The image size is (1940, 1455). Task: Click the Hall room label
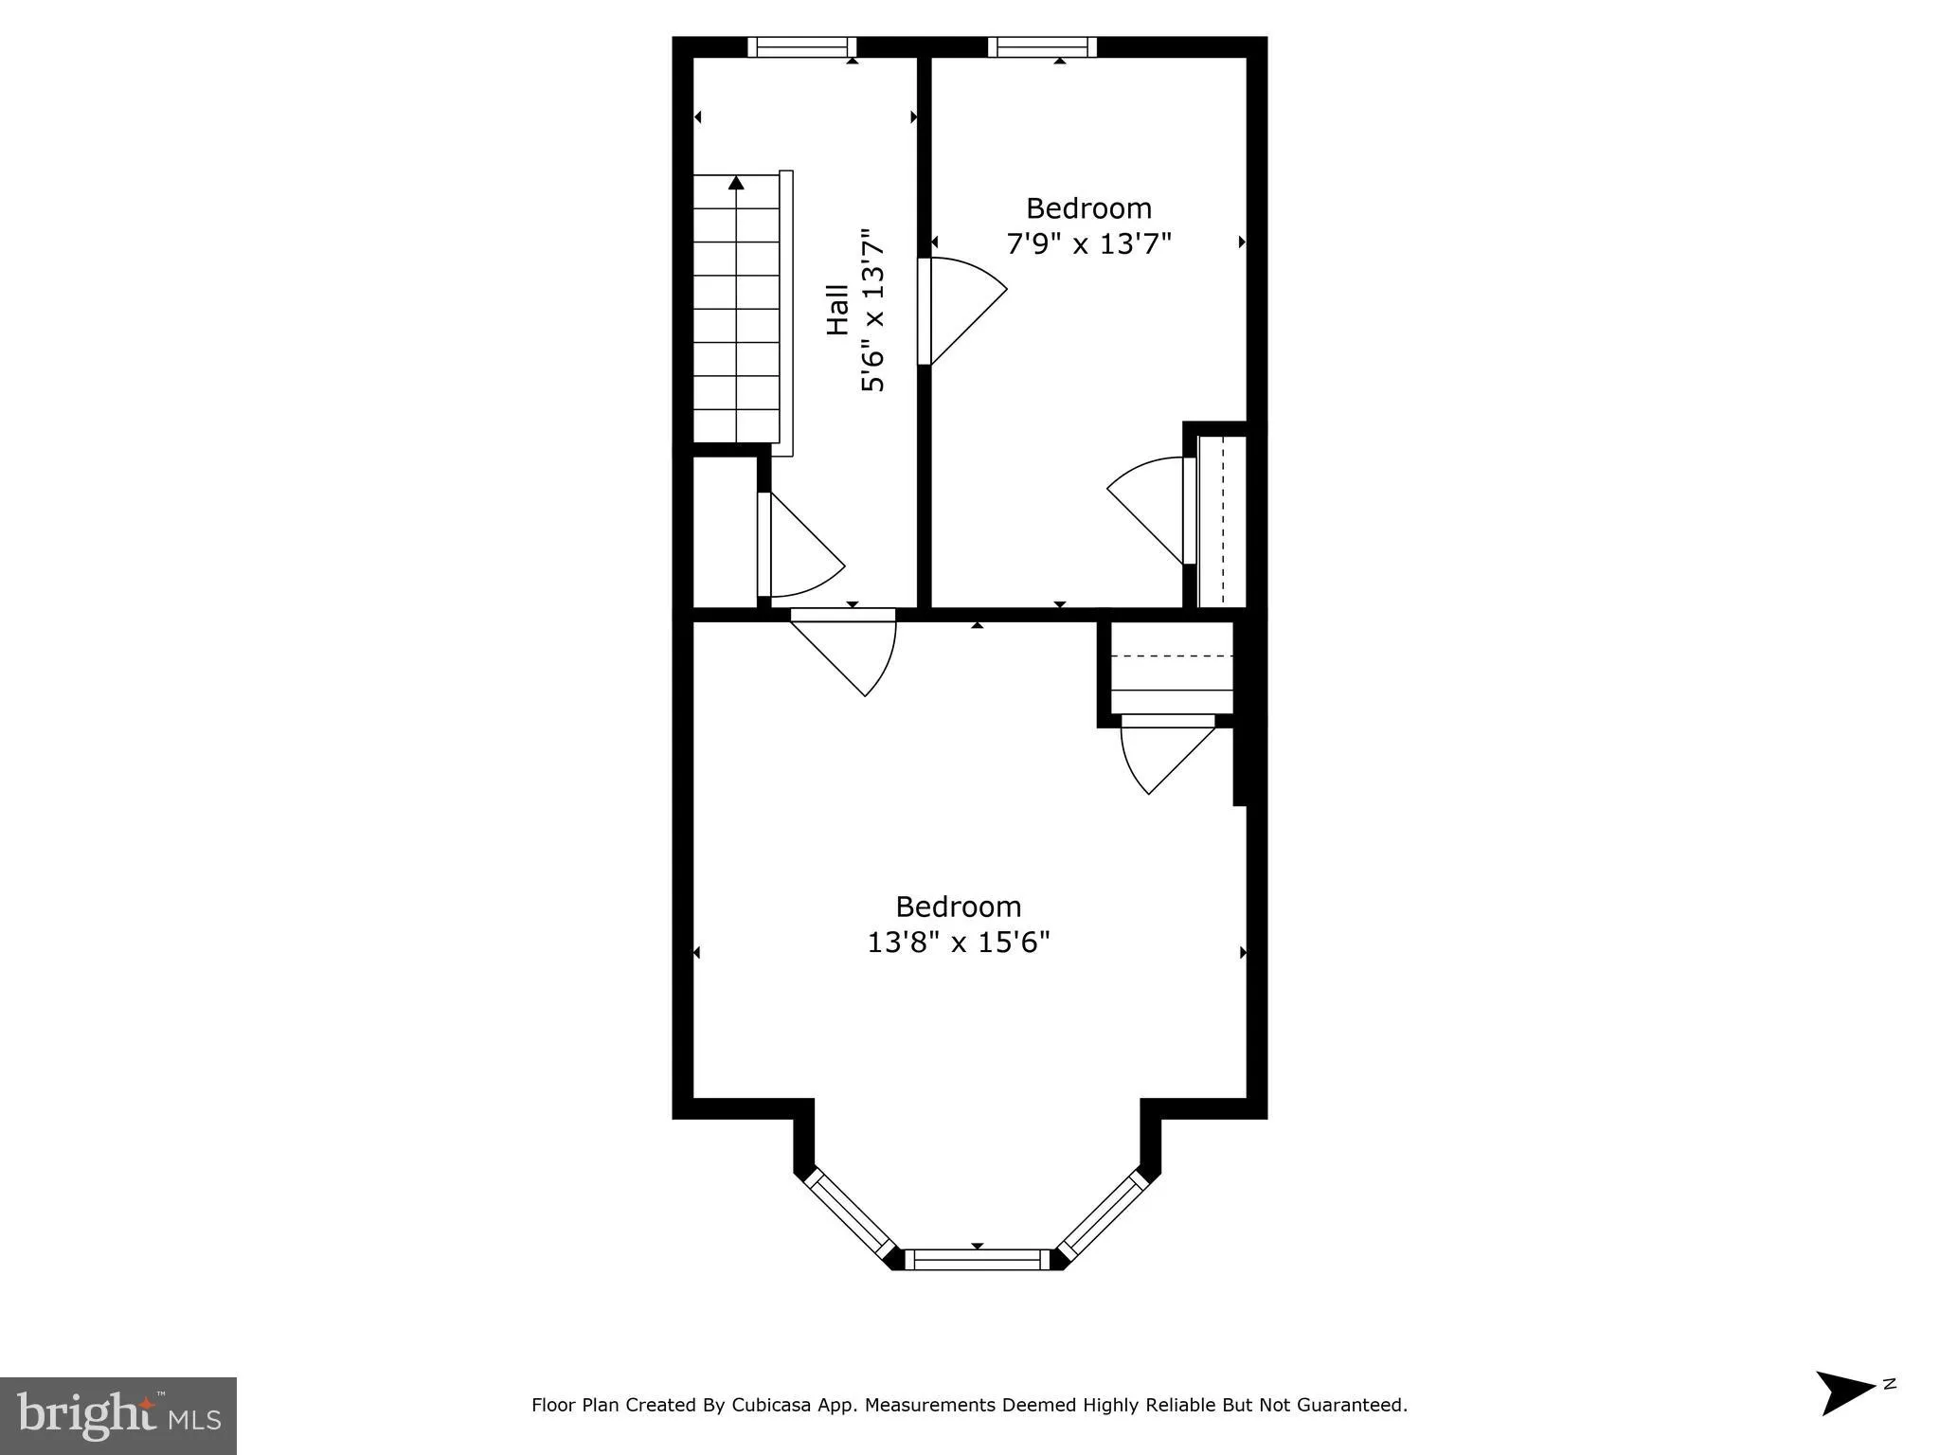tap(837, 310)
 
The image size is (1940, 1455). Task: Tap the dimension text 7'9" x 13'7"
tap(1088, 243)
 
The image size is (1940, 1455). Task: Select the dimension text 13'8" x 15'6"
tap(959, 943)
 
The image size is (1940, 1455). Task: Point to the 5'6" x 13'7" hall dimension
tap(872, 310)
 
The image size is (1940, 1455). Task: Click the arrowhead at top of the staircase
tap(736, 183)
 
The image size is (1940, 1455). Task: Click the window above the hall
tap(801, 47)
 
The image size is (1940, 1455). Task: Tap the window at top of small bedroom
tap(1042, 47)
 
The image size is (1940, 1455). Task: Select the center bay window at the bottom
tap(978, 1259)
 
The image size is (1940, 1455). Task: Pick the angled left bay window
tap(850, 1216)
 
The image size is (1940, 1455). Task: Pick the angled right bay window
tap(1105, 1216)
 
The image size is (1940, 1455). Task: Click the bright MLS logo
tap(118, 1415)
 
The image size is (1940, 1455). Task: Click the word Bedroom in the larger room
tap(958, 907)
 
